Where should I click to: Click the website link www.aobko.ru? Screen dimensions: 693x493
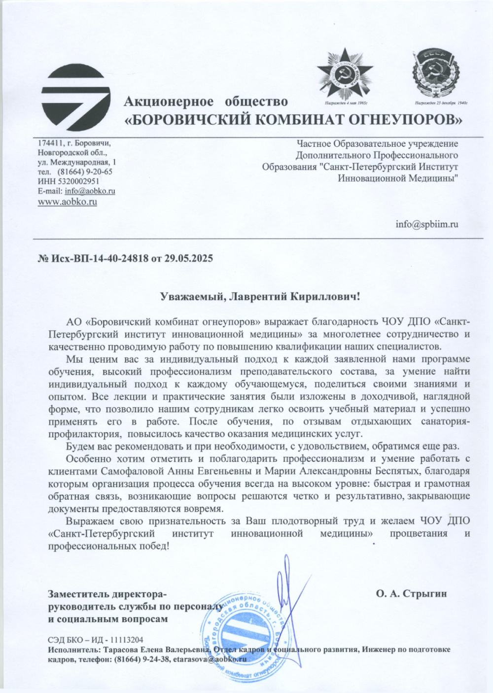pos(68,202)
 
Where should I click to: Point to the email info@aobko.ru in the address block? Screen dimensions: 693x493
pos(90,191)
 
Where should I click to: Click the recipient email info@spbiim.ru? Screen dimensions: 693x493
pos(427,224)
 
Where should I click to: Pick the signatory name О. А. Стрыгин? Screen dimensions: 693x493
pos(411,593)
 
